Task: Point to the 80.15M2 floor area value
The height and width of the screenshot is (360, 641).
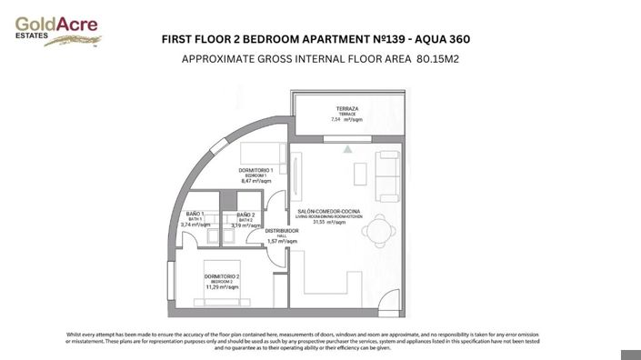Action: [x=445, y=60]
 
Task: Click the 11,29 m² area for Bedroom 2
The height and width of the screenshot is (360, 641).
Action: [x=222, y=287]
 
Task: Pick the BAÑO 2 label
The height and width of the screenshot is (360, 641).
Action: [x=245, y=214]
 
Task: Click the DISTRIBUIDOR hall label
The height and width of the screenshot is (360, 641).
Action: [x=282, y=231]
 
